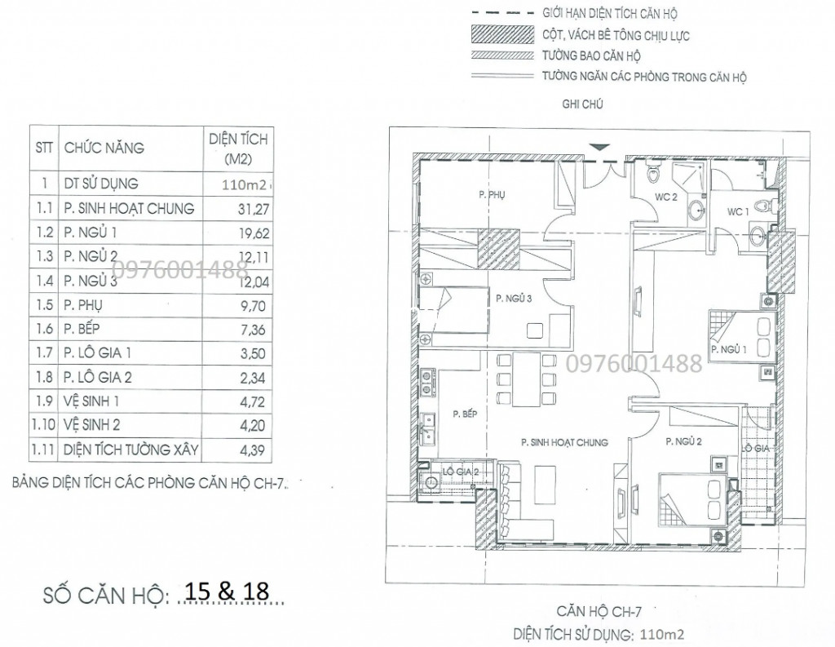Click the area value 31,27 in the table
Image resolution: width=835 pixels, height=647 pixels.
click(x=254, y=210)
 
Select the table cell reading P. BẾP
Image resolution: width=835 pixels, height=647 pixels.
click(x=82, y=329)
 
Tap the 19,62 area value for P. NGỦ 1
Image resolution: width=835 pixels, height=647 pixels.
click(x=254, y=233)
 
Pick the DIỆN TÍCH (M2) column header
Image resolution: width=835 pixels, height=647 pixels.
click(x=238, y=148)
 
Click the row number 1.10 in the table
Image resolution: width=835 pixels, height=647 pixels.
click(x=44, y=425)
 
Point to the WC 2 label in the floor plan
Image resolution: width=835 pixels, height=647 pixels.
click(x=665, y=197)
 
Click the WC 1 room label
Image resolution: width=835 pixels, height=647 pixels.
click(x=737, y=212)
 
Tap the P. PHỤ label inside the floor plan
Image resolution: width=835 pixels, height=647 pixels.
click(x=492, y=195)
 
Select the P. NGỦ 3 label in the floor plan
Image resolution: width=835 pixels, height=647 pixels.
click(x=514, y=299)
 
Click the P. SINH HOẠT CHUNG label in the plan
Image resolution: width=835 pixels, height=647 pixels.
click(x=564, y=442)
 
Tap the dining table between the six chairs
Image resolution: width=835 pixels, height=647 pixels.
click(x=527, y=379)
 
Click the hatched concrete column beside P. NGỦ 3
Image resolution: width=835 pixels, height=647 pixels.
click(x=498, y=248)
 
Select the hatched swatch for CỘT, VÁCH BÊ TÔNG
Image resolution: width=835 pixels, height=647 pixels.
click(x=502, y=34)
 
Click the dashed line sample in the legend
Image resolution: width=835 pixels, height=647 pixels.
click(x=502, y=13)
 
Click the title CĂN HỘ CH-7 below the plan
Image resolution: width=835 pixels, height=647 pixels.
click(x=598, y=612)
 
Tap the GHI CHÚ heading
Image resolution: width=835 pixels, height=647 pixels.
click(x=582, y=104)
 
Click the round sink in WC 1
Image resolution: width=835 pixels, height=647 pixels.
click(x=757, y=234)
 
